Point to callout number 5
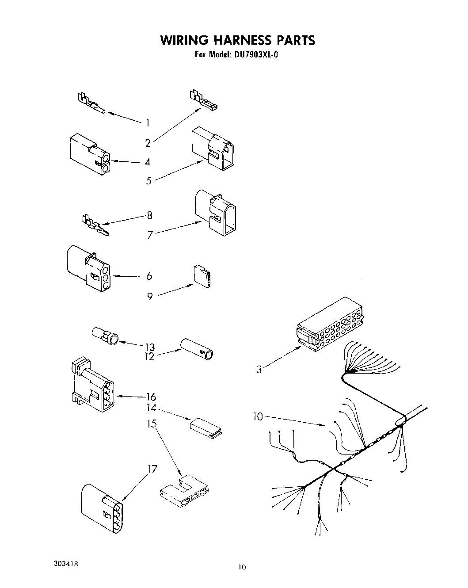coord(149,180)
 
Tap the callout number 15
coord(152,424)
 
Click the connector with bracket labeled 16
coord(91,385)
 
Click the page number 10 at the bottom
coord(241,567)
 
